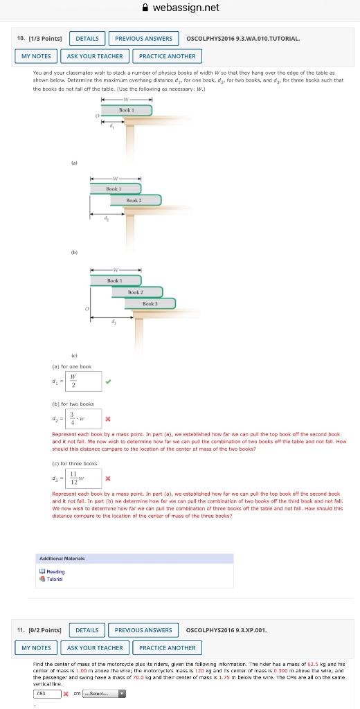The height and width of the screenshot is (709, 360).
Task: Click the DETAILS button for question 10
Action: click(87, 38)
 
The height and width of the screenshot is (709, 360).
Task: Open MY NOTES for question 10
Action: click(36, 56)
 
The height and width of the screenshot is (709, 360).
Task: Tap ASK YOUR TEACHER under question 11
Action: click(95, 648)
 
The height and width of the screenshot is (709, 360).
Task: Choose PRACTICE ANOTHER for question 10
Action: click(167, 56)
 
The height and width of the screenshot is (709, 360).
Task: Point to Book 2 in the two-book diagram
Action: click(134, 201)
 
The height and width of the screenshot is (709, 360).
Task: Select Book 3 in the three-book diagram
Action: click(150, 304)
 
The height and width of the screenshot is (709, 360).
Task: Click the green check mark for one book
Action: click(108, 380)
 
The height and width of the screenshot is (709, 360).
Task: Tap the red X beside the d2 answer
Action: click(108, 418)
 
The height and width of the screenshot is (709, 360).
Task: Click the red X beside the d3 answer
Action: click(108, 478)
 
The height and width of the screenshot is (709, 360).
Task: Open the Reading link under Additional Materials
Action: click(56, 572)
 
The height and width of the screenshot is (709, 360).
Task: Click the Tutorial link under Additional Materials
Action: click(56, 579)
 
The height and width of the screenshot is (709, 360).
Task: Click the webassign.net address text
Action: click(186, 8)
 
